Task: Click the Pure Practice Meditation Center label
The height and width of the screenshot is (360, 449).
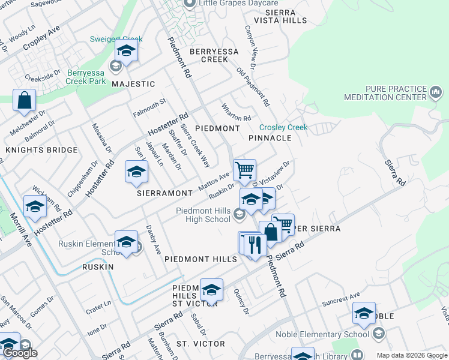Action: (385, 93)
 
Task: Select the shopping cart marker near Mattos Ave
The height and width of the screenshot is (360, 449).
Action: (244, 170)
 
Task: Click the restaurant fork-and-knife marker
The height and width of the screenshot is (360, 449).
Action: (255, 245)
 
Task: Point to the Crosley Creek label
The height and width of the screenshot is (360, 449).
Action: (283, 127)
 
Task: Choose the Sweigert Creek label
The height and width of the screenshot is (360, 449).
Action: (114, 39)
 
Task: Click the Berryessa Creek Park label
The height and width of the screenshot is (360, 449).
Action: (86, 77)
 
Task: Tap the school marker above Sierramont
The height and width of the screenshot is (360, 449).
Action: (136, 172)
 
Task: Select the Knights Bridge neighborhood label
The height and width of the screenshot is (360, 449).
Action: (41, 150)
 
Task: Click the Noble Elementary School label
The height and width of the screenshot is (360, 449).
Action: (322, 335)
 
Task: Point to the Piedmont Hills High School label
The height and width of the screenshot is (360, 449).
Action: (203, 215)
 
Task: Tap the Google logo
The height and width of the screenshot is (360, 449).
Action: (20, 353)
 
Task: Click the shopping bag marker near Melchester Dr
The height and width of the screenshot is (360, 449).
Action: (24, 101)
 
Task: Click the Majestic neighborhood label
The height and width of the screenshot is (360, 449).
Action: (133, 84)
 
